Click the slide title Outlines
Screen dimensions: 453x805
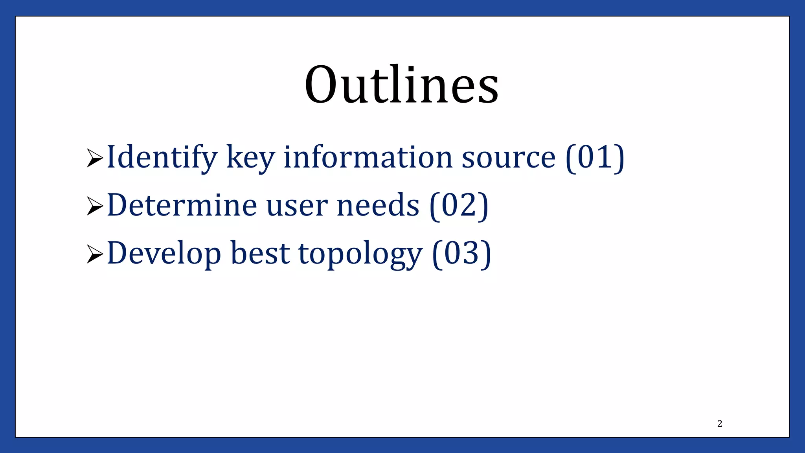click(x=402, y=85)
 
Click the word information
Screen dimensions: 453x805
click(x=368, y=157)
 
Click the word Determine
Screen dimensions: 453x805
click(x=182, y=205)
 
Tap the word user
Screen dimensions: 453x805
click(x=297, y=206)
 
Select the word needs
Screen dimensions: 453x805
click(x=378, y=205)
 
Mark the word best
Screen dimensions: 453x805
click(x=260, y=253)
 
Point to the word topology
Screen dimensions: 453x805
click(x=360, y=254)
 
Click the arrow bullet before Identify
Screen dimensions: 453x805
click(x=95, y=158)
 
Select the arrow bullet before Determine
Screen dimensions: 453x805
click(x=95, y=206)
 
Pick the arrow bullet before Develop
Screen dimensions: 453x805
click(x=95, y=254)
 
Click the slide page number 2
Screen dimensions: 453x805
click(x=720, y=424)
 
